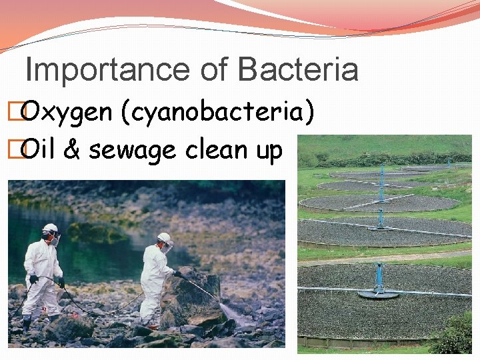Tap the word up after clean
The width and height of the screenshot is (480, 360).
[x=269, y=151]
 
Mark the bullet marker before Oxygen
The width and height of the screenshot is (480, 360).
[x=11, y=113]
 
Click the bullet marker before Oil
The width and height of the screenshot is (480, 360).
[x=11, y=151]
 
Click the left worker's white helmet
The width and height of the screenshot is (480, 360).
[x=50, y=229]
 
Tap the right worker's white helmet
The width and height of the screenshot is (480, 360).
[x=164, y=237]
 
